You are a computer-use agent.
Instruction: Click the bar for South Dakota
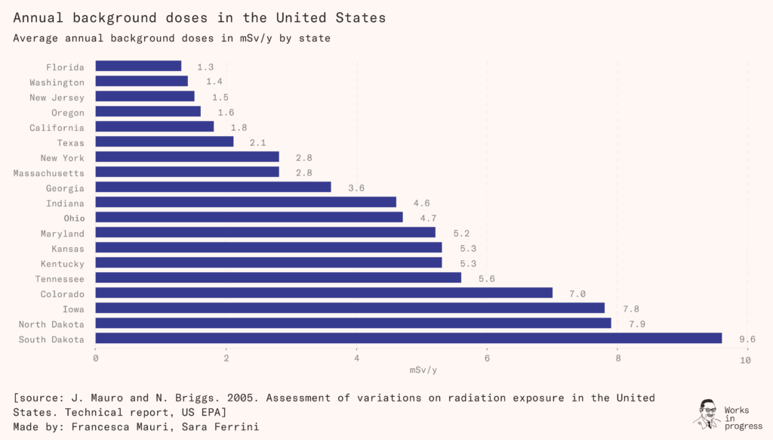408,339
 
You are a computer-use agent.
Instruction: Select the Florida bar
138,67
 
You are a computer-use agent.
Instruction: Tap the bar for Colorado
324,293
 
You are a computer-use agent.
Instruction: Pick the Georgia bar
213,187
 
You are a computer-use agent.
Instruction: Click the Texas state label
70,143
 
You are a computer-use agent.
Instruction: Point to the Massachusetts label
48,173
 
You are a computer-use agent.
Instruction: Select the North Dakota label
51,324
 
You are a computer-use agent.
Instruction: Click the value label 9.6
747,339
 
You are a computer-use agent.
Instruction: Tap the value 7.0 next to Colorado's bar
577,294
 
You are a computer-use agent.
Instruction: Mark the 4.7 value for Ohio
427,218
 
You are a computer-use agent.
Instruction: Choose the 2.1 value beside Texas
257,143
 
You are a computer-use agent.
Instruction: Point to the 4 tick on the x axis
357,359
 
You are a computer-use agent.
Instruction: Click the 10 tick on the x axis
746,360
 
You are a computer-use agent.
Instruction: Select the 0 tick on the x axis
96,359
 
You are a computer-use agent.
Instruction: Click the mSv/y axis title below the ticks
423,370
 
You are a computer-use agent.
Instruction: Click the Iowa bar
350,308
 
